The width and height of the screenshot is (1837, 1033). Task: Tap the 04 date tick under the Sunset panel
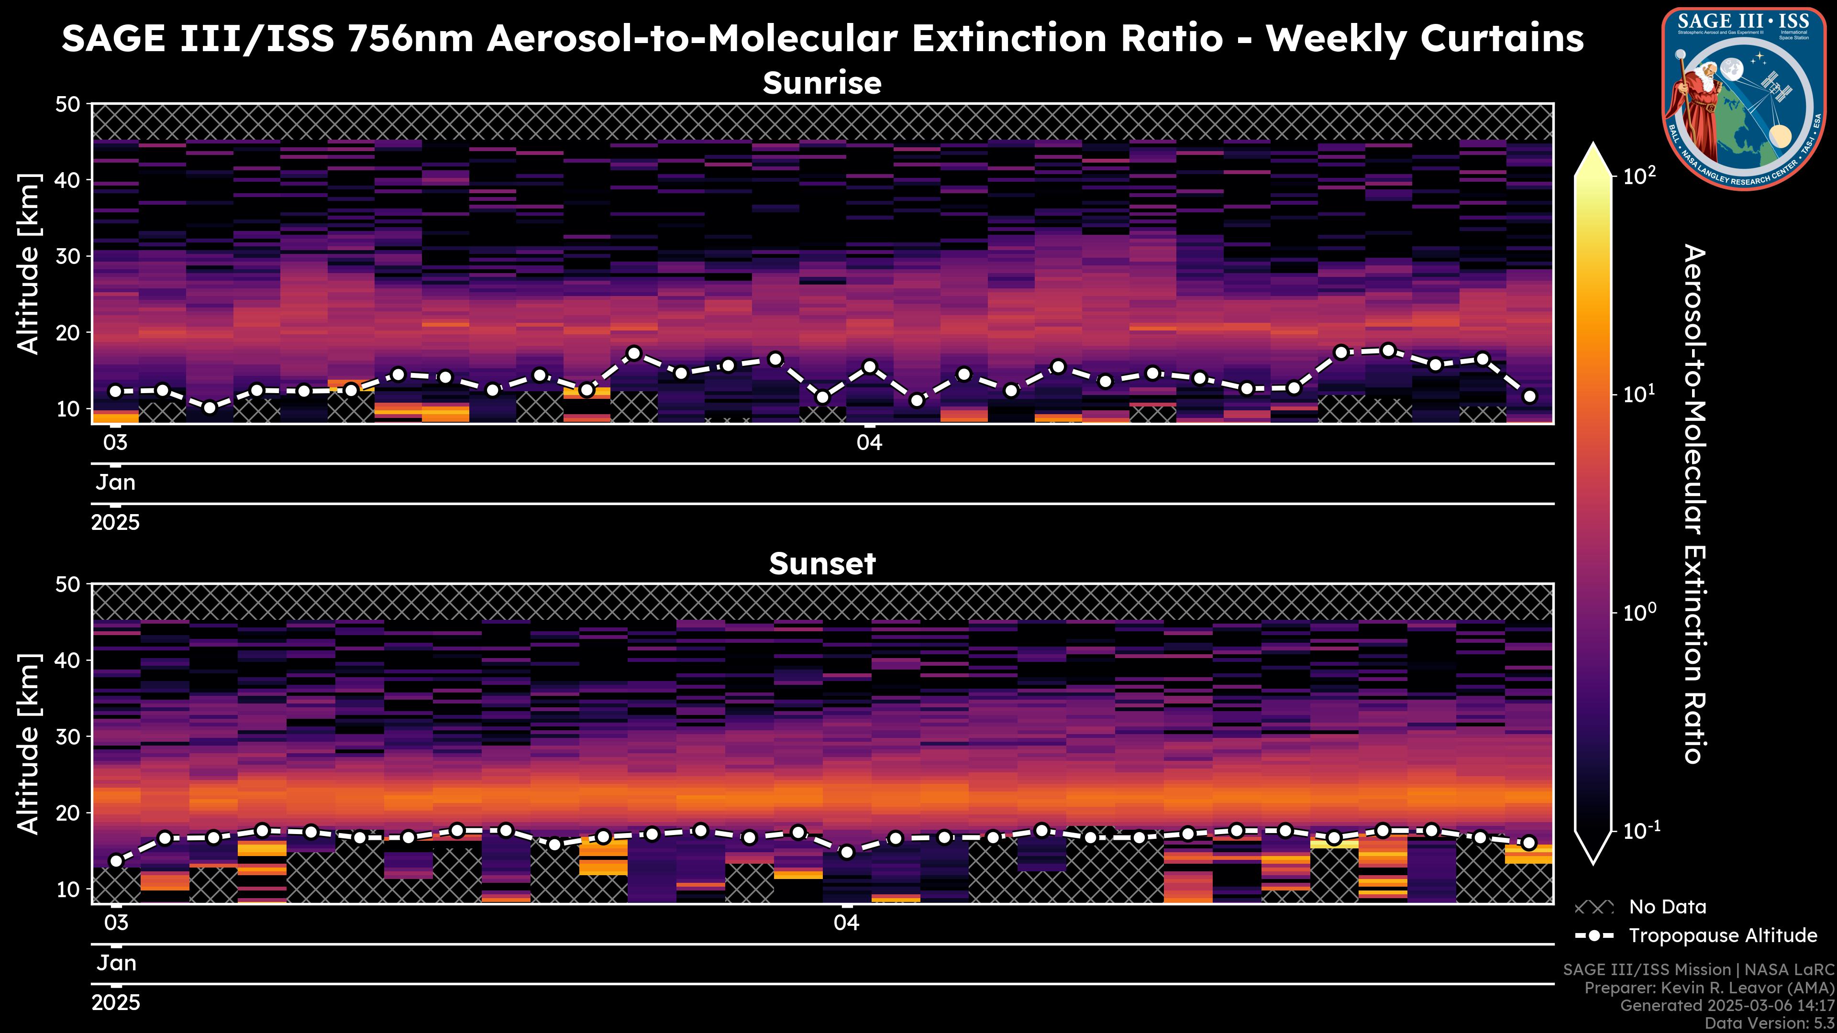pyautogui.click(x=846, y=923)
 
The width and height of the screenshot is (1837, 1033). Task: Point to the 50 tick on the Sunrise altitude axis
pyautogui.click(x=71, y=105)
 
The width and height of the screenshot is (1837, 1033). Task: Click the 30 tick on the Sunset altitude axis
pyautogui.click(x=71, y=736)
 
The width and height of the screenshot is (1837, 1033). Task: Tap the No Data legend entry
pyautogui.click(x=1667, y=907)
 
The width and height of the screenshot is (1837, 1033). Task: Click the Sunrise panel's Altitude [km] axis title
pyautogui.click(x=29, y=264)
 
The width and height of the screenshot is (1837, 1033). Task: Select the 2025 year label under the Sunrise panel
pyautogui.click(x=115, y=523)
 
